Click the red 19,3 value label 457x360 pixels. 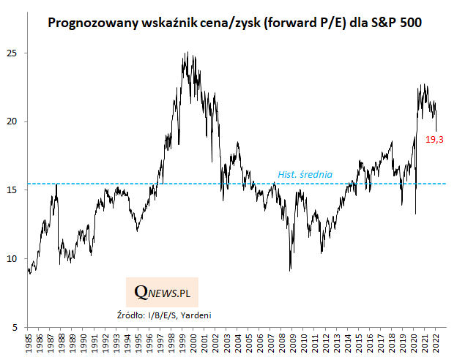[x=435, y=138]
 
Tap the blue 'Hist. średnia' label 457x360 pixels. [x=305, y=175]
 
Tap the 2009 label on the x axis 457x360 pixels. [x=291, y=342]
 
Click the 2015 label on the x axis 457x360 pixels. [x=357, y=342]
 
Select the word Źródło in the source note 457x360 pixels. [x=132, y=315]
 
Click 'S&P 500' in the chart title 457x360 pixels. [x=401, y=23]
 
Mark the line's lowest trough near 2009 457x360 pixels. [x=291, y=271]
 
